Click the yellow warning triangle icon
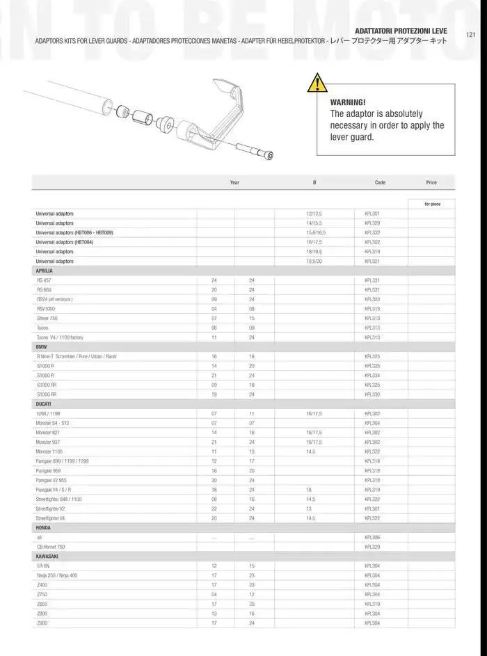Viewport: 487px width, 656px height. tap(317, 83)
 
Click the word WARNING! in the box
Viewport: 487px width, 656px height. tap(347, 102)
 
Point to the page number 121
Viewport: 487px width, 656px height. tap(471, 34)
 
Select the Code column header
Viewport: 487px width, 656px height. tap(380, 182)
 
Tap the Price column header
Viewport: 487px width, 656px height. tap(431, 182)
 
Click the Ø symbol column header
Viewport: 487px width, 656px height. tap(314, 182)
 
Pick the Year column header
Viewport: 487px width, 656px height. tap(234, 182)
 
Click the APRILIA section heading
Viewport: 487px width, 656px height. tap(44, 271)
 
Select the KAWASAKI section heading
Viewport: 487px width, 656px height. tap(47, 557)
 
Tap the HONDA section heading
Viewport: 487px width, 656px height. tap(43, 528)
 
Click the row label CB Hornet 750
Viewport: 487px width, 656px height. tap(51, 547)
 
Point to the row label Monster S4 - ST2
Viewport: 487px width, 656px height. tap(52, 423)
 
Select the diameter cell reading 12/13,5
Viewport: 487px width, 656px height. tap(314, 214)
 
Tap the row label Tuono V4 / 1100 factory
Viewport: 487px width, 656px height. tap(60, 337)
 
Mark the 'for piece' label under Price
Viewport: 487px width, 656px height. tap(436, 204)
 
